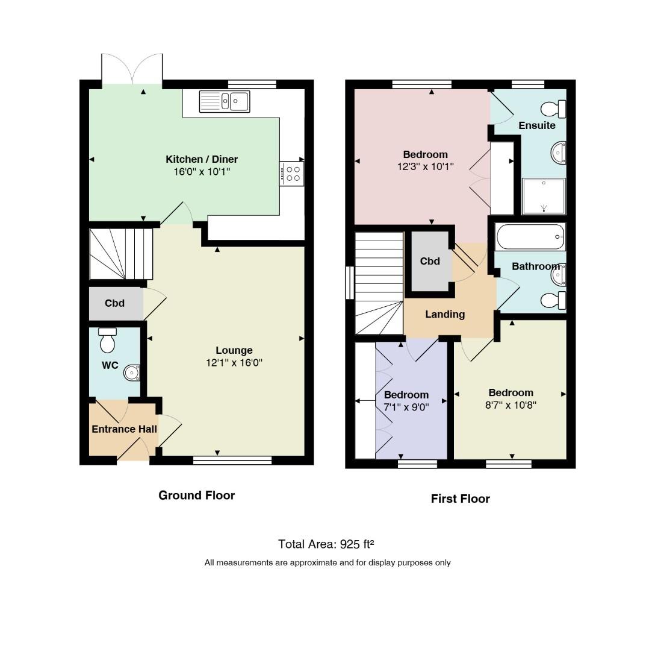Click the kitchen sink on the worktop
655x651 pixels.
pos(225,101)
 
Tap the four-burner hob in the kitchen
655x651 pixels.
pos(291,174)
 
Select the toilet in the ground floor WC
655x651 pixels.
pos(107,340)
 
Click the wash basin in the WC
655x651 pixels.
pos(132,373)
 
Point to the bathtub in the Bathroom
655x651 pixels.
pos(530,237)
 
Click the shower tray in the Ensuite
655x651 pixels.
pos(544,197)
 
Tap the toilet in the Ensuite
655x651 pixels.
pos(553,109)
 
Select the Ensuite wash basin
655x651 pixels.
pos(559,153)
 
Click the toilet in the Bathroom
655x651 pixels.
pos(553,300)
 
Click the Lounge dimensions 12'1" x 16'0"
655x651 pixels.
pos(234,363)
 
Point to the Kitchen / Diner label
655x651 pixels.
pos(202,159)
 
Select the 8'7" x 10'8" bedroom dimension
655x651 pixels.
pos(511,405)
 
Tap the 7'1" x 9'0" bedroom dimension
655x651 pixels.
pos(406,407)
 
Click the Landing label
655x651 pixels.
pos(445,314)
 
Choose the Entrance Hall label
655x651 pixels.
pos(124,429)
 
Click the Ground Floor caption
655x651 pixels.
pos(197,495)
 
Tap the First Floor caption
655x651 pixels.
pos(461,498)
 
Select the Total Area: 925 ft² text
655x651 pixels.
pos(326,544)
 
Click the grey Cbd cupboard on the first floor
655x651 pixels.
pos(430,261)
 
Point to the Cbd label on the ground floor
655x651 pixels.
pos(114,303)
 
